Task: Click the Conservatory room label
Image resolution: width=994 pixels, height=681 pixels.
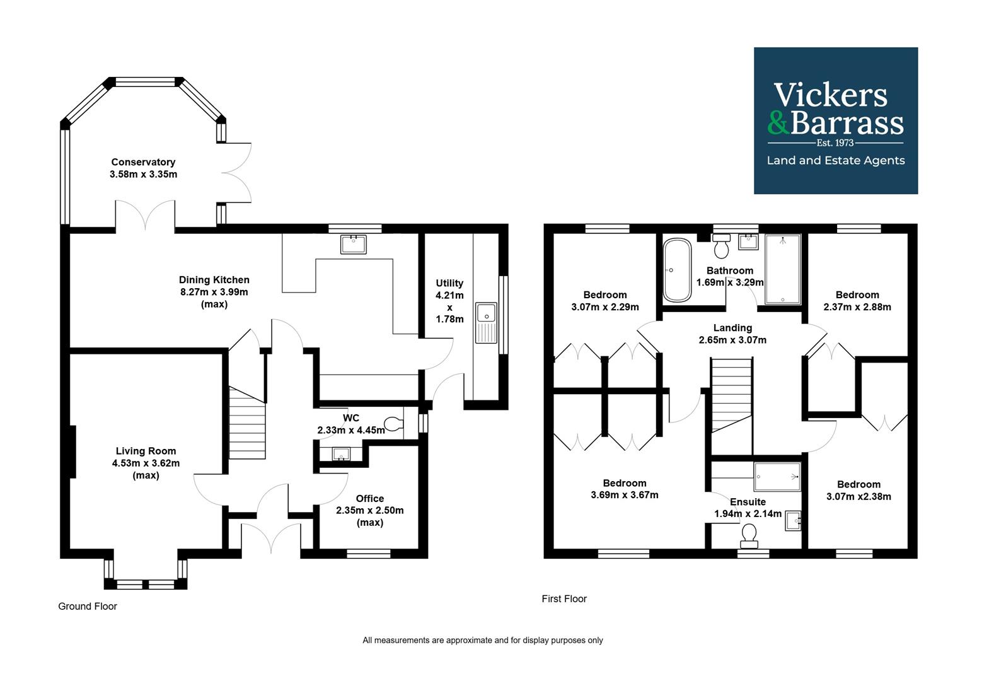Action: click(x=143, y=162)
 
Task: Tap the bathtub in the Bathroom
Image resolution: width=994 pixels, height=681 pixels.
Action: click(x=677, y=271)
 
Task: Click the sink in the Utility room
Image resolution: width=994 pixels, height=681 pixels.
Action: click(x=486, y=323)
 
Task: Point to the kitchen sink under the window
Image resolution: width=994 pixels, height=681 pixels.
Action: click(x=353, y=244)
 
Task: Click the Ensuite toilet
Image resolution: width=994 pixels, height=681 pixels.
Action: click(x=749, y=535)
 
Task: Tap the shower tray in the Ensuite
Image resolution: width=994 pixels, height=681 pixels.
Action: click(x=777, y=476)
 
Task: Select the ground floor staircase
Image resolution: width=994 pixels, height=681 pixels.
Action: click(x=246, y=422)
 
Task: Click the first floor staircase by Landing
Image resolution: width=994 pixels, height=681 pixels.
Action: click(x=731, y=394)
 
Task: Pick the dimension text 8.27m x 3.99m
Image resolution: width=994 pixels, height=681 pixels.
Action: click(x=214, y=292)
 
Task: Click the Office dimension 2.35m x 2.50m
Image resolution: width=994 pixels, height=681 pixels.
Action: click(x=369, y=510)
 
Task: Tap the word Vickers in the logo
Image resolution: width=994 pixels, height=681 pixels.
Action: click(x=830, y=95)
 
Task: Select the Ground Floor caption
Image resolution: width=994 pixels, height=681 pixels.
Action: click(x=88, y=606)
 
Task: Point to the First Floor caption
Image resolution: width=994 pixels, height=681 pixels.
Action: click(x=564, y=598)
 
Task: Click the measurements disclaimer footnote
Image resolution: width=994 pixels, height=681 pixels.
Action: click(x=482, y=640)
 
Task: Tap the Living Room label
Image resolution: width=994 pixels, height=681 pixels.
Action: click(x=146, y=451)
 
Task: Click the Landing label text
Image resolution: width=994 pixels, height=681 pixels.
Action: click(x=732, y=328)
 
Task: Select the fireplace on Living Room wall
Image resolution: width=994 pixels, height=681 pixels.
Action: click(x=73, y=451)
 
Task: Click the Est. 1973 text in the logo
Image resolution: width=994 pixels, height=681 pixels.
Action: click(x=835, y=143)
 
